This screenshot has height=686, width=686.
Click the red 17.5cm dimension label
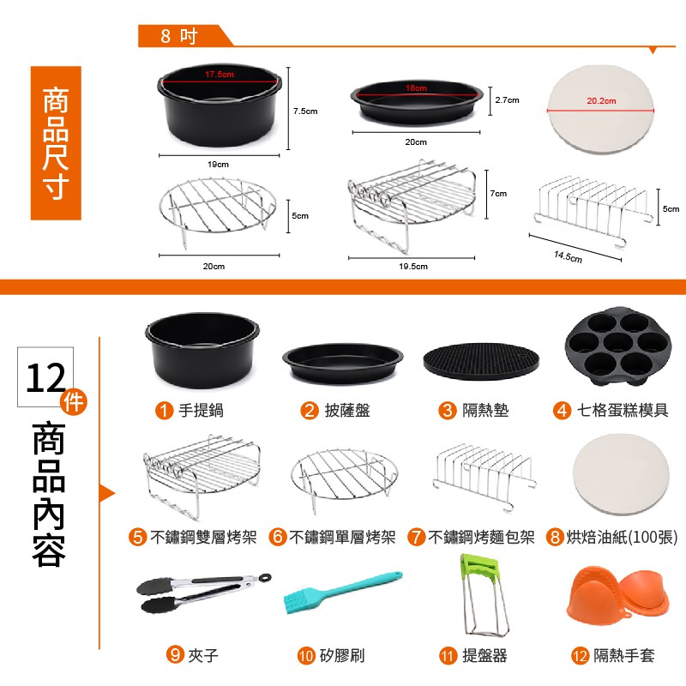pyautogui.click(x=220, y=75)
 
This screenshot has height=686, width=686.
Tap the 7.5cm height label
pyautogui.click(x=305, y=111)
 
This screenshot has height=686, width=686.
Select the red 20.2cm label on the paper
pyautogui.click(x=601, y=100)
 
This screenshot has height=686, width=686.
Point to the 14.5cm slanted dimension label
pyautogui.click(x=568, y=256)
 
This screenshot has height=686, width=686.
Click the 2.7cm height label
pyautogui.click(x=507, y=100)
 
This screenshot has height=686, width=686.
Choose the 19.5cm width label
pyautogui.click(x=413, y=266)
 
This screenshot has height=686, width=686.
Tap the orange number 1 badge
pyautogui.click(x=164, y=411)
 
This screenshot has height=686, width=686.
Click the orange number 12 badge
pyautogui.click(x=581, y=655)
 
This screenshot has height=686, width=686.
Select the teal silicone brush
pyautogui.click(x=341, y=592)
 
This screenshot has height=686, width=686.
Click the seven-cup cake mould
pyautogui.click(x=617, y=346)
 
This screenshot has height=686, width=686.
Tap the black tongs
pyautogui.click(x=203, y=593)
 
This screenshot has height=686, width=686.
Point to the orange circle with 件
pyautogui.click(x=74, y=401)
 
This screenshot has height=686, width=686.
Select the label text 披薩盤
pyautogui.click(x=347, y=411)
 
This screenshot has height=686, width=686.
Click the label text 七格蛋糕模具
pyautogui.click(x=623, y=411)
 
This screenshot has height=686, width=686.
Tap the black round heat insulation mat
pyautogui.click(x=481, y=360)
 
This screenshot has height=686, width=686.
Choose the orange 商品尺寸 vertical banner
pyautogui.click(x=56, y=142)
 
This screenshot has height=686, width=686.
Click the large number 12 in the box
pyautogui.click(x=45, y=378)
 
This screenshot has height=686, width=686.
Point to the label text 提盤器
pyautogui.click(x=484, y=655)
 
